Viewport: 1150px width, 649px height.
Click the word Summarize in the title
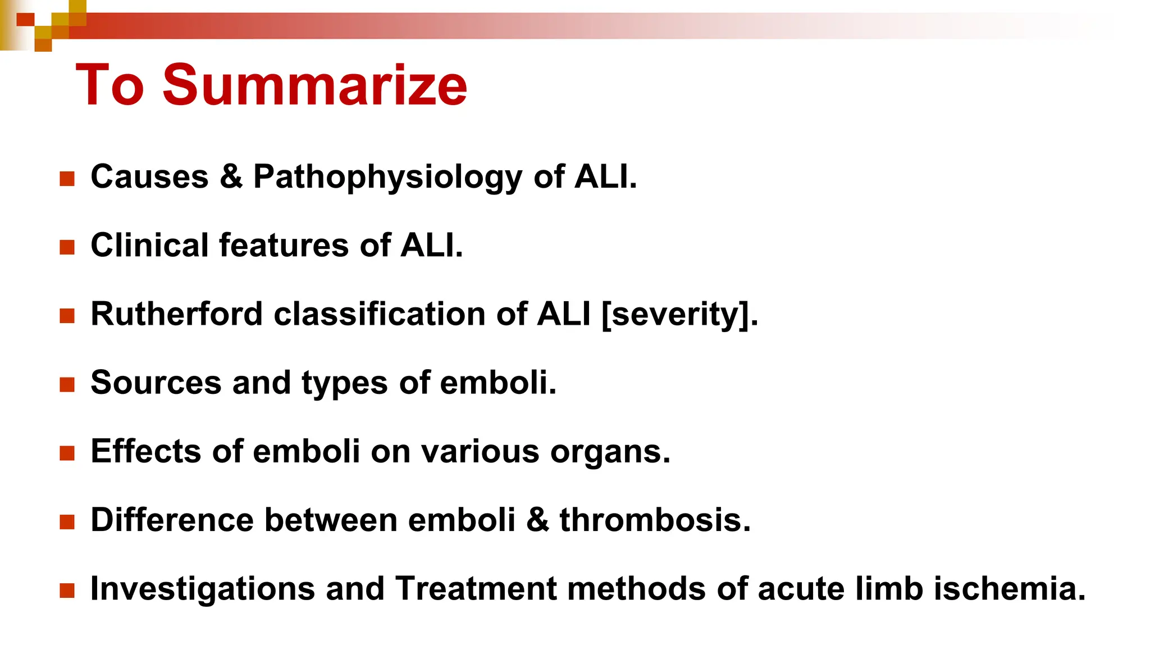point(314,85)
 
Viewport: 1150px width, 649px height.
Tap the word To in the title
point(110,85)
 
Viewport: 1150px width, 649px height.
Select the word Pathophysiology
point(387,178)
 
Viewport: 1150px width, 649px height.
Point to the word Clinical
point(149,246)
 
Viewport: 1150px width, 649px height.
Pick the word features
point(284,246)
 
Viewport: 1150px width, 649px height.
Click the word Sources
point(156,383)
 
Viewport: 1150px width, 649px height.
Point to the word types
point(345,384)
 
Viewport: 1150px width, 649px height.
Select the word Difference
point(172,520)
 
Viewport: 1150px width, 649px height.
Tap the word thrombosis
point(655,520)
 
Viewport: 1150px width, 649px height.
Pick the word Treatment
point(476,589)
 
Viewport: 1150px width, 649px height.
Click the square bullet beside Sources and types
point(67,384)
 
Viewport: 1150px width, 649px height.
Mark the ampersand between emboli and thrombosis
point(537,520)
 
